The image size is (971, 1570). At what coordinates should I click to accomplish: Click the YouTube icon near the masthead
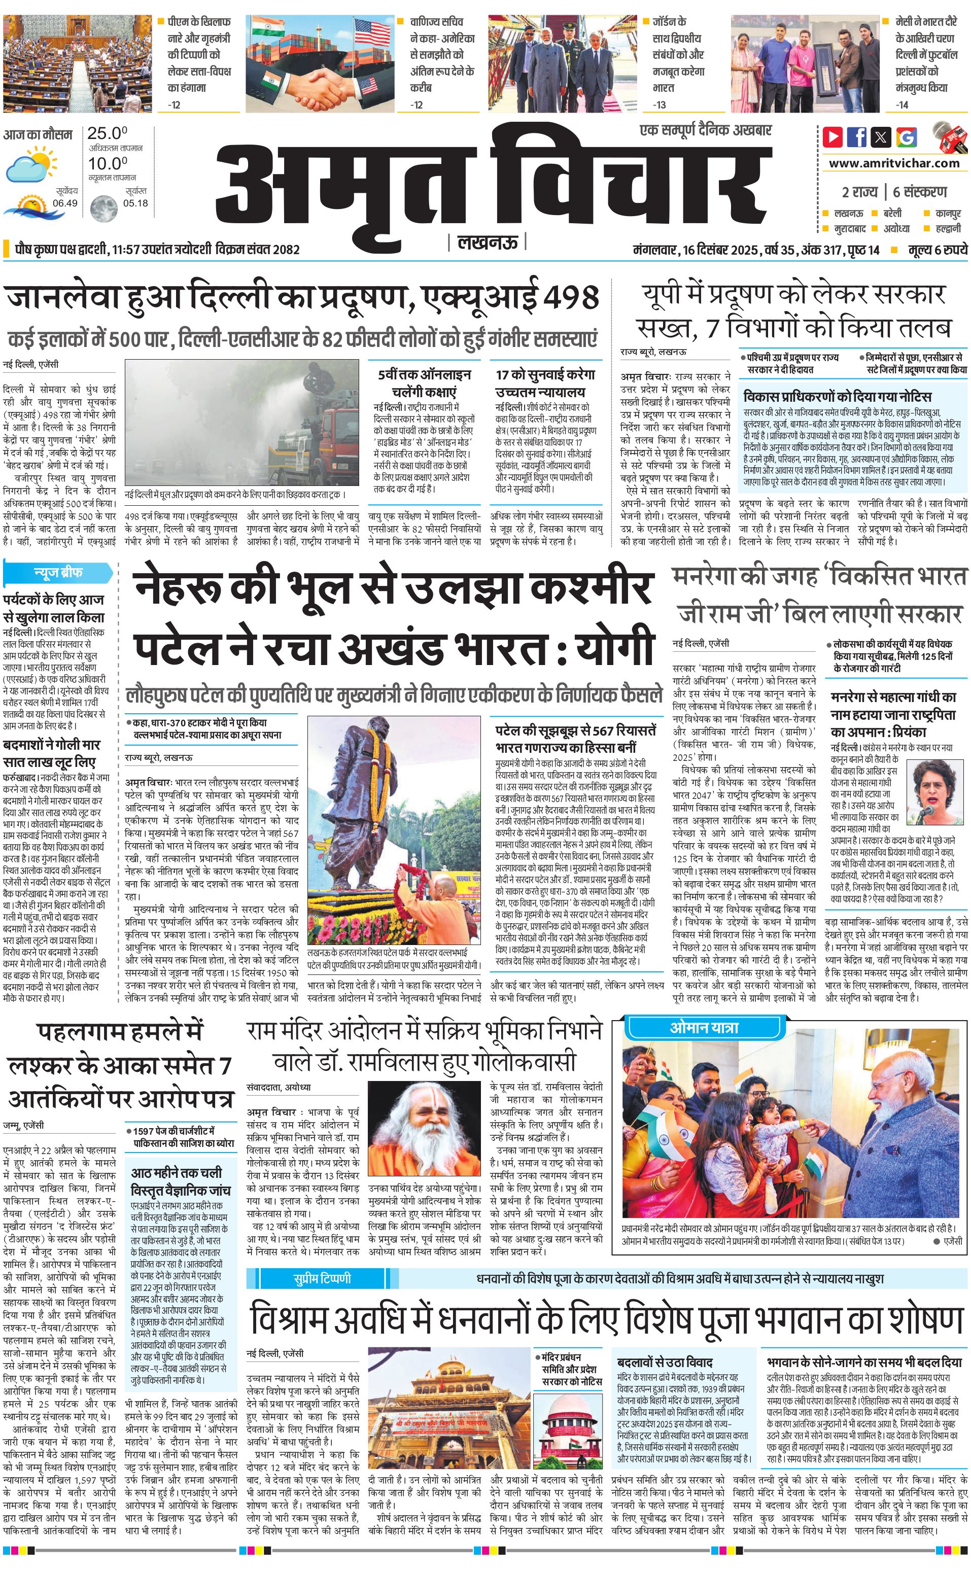click(833, 137)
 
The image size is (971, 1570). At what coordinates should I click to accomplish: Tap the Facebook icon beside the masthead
click(857, 137)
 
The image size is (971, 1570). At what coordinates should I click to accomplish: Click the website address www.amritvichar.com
click(894, 163)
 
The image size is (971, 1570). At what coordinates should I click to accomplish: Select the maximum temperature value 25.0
click(107, 133)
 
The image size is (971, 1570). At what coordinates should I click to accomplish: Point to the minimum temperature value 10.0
click(107, 164)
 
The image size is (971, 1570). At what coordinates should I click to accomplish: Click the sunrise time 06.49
click(65, 203)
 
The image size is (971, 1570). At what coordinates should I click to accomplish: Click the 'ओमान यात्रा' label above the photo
click(705, 1027)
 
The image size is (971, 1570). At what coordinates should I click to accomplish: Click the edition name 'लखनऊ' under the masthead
click(487, 242)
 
